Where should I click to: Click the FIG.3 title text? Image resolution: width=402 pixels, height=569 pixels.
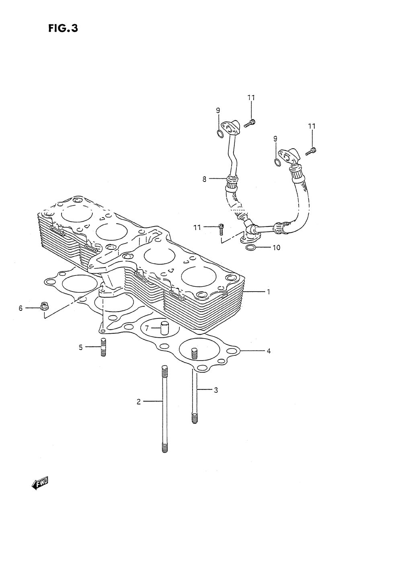tap(62, 29)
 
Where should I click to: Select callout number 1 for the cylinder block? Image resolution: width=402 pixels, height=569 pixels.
tap(269, 292)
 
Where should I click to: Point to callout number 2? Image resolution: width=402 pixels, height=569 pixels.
tap(139, 401)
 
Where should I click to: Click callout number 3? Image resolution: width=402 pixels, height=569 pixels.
tap(215, 390)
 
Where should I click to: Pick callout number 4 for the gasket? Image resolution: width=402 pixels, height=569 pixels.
tap(269, 351)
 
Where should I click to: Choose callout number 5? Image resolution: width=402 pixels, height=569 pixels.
tap(80, 347)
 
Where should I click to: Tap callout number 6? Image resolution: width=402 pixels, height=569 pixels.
tap(21, 308)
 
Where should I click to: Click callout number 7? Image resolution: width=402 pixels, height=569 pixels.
tap(147, 328)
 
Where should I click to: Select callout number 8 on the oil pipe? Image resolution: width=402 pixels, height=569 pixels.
tap(205, 179)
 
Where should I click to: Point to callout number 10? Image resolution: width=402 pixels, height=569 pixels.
tap(276, 247)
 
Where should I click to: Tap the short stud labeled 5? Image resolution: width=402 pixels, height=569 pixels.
tap(103, 347)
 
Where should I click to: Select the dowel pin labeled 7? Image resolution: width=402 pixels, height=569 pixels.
tap(164, 328)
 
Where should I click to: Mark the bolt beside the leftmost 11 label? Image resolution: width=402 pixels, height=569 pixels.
tap(220, 229)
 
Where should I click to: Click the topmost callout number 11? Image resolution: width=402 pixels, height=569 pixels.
tap(251, 98)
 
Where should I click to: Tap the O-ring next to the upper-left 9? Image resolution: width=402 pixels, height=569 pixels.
tap(220, 134)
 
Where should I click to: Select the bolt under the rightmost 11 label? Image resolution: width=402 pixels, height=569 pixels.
tap(312, 151)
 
